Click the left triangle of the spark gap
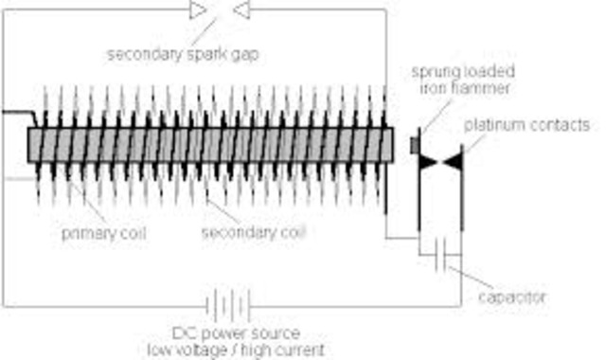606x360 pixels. pyautogui.click(x=197, y=10)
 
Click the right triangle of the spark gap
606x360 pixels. pyautogui.click(x=241, y=10)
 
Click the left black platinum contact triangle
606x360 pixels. pyautogui.click(x=429, y=162)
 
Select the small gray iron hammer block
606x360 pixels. pyautogui.click(x=415, y=145)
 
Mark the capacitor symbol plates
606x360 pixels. pyautogui.click(x=438, y=259)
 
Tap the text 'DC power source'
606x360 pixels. pyautogui.click(x=249, y=334)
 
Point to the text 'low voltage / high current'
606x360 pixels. pyautogui.click(x=249, y=351)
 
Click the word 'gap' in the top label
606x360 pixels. pyautogui.click(x=245, y=53)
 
